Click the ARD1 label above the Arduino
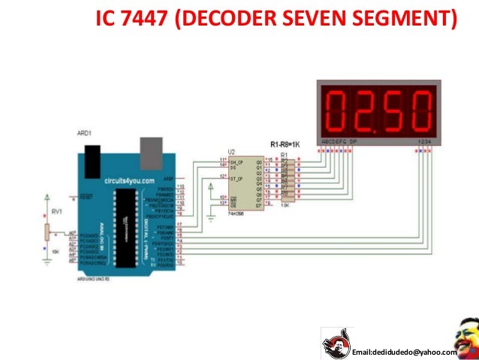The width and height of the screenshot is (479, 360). (x=84, y=133)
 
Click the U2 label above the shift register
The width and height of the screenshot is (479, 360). (x=232, y=151)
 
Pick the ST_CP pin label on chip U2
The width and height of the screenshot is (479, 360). (x=236, y=179)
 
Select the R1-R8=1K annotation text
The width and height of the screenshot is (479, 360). (x=287, y=144)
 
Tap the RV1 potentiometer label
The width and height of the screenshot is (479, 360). (x=56, y=211)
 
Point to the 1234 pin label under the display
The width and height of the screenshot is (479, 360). (x=425, y=141)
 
